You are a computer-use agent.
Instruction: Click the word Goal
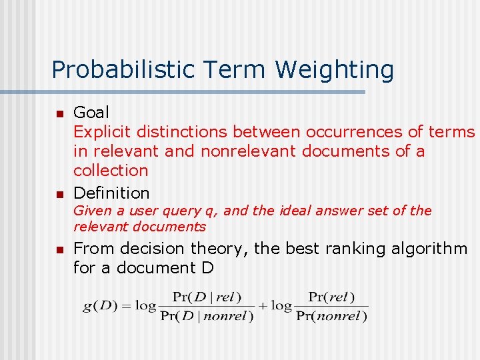coord(91,113)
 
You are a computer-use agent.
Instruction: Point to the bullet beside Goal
coord(59,114)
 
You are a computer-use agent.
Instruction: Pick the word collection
coord(111,171)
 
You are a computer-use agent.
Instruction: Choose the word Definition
coord(111,193)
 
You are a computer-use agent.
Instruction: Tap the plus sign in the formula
coord(263,306)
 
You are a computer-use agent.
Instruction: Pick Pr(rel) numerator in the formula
coord(332,297)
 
